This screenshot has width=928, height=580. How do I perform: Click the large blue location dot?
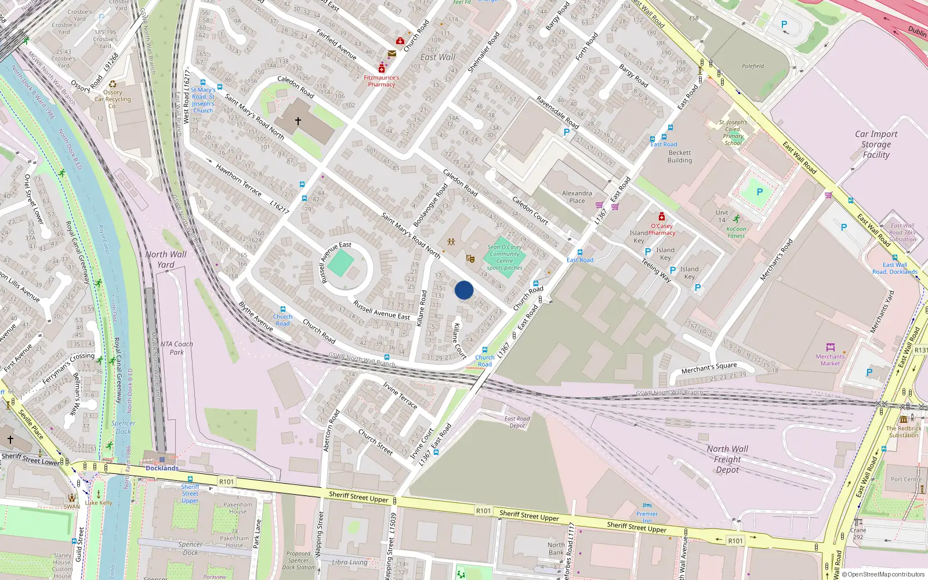[464, 290]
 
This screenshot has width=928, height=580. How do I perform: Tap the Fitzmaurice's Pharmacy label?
[381, 81]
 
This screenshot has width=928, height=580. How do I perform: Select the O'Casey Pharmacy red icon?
[661, 217]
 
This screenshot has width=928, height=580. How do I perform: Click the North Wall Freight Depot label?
[727, 459]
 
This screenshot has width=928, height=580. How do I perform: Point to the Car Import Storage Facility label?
[876, 144]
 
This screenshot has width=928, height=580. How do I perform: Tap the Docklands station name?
[162, 468]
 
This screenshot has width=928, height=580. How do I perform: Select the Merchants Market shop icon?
[830, 347]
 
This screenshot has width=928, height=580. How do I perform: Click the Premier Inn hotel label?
[647, 514]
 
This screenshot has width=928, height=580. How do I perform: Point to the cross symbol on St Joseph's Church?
[298, 121]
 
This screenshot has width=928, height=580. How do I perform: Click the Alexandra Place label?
[577, 197]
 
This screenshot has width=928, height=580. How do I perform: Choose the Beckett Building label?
[679, 157]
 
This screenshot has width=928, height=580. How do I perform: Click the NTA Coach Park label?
[176, 348]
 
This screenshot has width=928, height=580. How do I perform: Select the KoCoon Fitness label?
[736, 232]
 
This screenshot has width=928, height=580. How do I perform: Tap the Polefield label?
[753, 66]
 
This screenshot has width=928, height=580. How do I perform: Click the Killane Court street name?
[459, 340]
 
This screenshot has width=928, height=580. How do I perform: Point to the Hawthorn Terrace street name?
[238, 179]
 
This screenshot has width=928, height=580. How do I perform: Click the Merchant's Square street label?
[709, 368]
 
